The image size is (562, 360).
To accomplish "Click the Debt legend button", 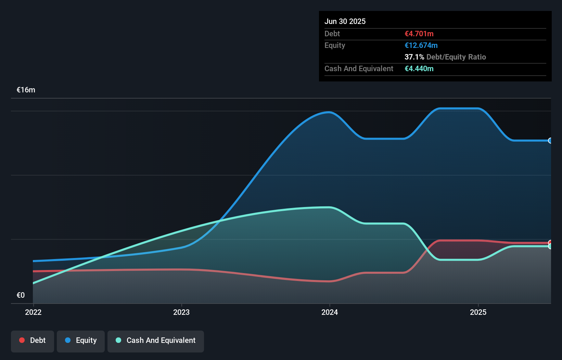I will [x=33, y=341].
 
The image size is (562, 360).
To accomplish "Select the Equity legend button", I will [x=81, y=341].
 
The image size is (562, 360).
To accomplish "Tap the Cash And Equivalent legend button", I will [x=156, y=341].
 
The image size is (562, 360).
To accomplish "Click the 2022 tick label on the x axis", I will [x=33, y=312].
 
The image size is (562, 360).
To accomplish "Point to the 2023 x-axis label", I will [x=181, y=312].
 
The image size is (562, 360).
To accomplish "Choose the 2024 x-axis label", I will [x=330, y=312].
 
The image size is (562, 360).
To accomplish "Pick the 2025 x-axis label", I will [x=478, y=312].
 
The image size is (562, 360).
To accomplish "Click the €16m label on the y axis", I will [x=26, y=90].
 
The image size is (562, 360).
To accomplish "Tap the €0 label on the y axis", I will [x=21, y=295].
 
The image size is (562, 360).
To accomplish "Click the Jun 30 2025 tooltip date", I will [x=345, y=22].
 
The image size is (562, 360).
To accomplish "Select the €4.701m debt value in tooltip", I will [x=419, y=34].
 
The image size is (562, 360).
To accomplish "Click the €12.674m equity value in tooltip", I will [x=421, y=46].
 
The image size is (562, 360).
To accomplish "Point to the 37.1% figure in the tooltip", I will [x=414, y=57].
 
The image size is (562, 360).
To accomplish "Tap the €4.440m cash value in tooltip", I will [x=419, y=69].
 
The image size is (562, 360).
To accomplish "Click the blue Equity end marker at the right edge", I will [x=550, y=141].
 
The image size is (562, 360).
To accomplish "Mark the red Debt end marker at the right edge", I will [x=550, y=243].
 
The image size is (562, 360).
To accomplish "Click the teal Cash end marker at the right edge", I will [x=550, y=246].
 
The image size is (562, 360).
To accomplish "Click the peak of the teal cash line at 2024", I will [x=329, y=207].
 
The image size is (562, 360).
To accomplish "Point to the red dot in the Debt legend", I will [x=22, y=340].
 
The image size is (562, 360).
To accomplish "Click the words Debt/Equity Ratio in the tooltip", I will [x=456, y=57].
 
